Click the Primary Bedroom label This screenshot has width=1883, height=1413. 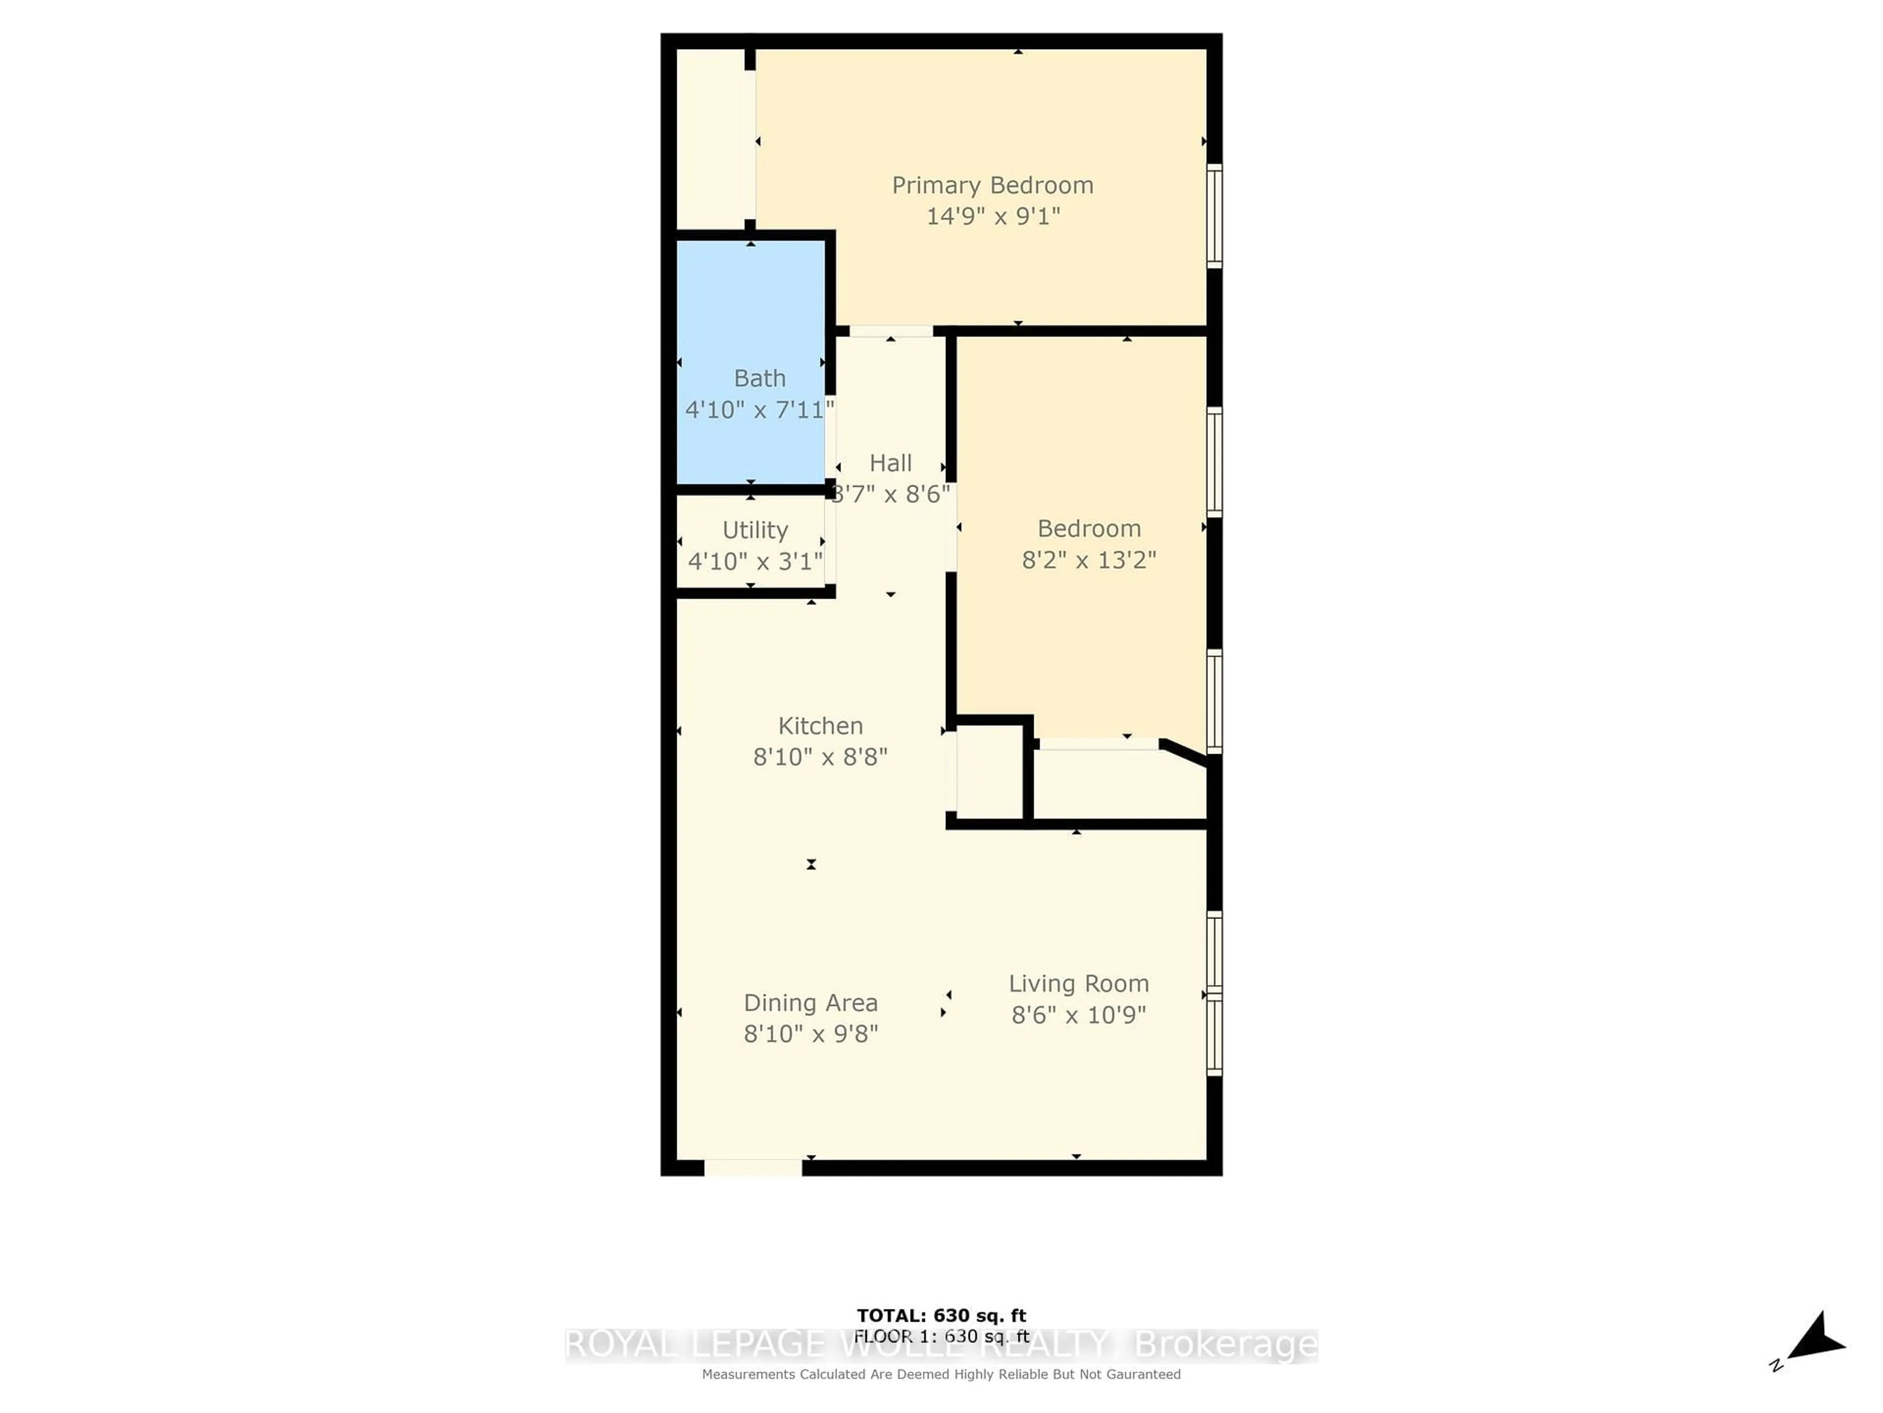tap(992, 185)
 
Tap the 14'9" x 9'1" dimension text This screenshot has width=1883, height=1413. tap(992, 216)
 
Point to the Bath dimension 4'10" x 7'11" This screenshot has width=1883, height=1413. tap(759, 410)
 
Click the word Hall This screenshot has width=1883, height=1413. tap(891, 463)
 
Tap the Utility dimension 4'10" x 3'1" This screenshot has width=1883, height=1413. tap(755, 561)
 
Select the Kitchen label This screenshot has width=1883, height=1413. tap(820, 726)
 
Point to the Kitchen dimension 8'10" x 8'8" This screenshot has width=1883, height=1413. tap(820, 757)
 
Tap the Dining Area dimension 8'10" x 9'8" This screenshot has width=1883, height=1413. tap(811, 1034)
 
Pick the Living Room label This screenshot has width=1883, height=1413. tap(1078, 984)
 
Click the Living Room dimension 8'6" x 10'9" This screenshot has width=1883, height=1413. tap(1078, 1015)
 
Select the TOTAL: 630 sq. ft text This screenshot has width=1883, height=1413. tap(941, 1316)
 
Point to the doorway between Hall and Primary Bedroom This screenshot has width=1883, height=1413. tap(891, 331)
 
